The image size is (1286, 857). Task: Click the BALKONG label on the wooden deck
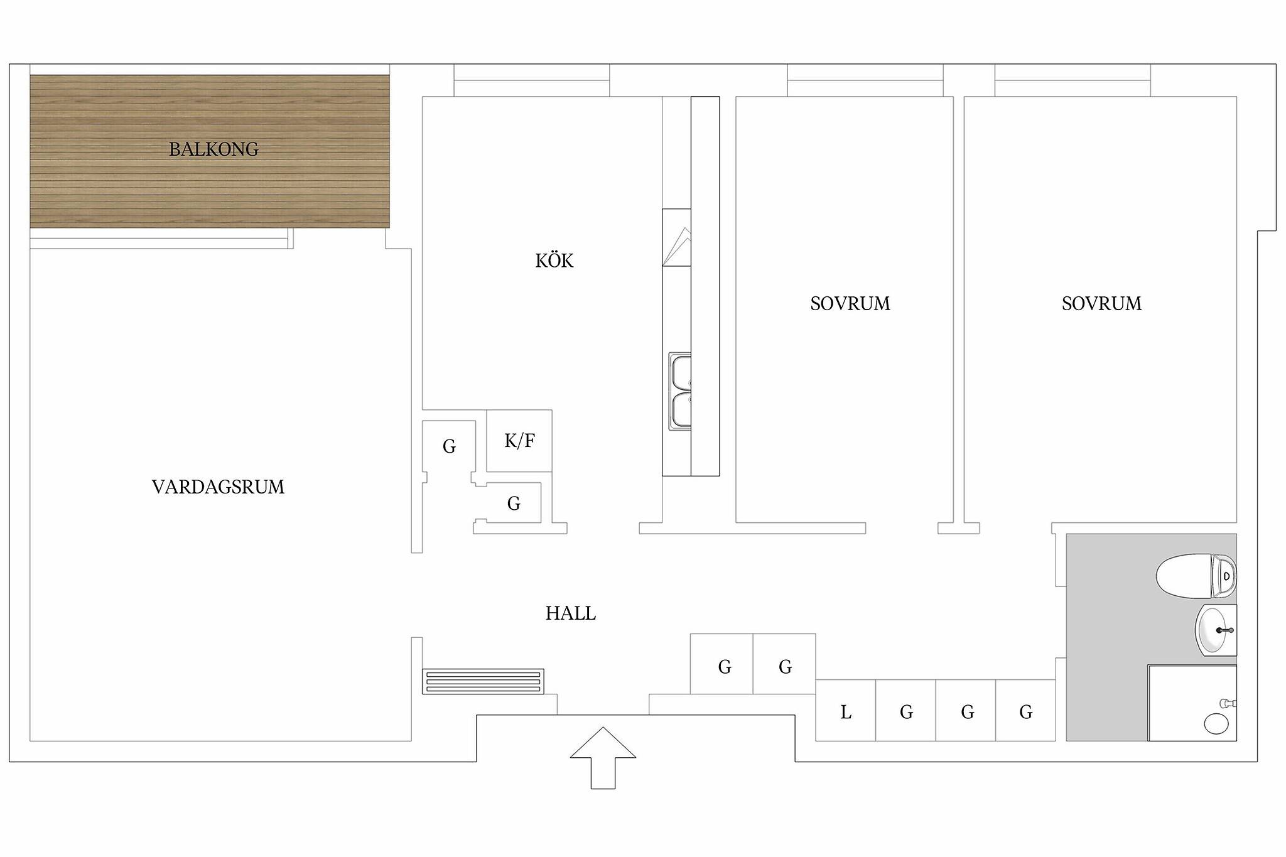(x=213, y=149)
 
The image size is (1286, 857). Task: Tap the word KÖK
(x=554, y=260)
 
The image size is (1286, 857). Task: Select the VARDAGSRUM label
(x=218, y=487)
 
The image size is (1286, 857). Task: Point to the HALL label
(x=570, y=613)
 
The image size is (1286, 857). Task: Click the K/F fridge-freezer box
(x=519, y=441)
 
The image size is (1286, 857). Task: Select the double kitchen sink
(x=680, y=392)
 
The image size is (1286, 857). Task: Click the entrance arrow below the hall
(x=603, y=758)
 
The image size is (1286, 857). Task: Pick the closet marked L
(x=845, y=710)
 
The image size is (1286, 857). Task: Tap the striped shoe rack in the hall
(x=483, y=682)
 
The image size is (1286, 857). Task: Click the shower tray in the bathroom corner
(x=1192, y=703)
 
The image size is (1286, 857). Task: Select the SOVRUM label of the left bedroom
(x=850, y=304)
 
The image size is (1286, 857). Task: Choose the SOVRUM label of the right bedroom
(x=1101, y=304)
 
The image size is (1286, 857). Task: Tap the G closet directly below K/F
(x=514, y=503)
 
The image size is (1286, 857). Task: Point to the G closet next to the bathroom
(x=1025, y=710)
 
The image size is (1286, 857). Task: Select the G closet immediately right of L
(x=906, y=710)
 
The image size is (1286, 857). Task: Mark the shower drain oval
(x=1216, y=724)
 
